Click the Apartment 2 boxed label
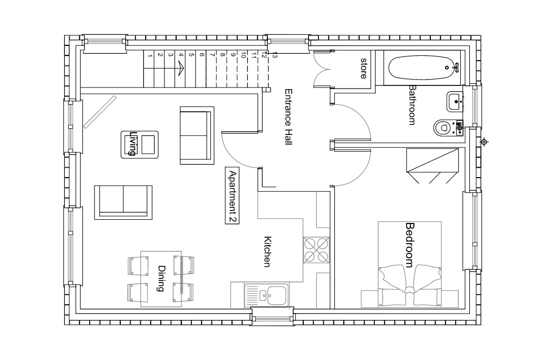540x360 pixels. [x=232, y=196]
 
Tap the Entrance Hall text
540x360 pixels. [x=288, y=117]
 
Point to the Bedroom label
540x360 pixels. [x=409, y=245]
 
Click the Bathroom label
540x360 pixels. [x=411, y=105]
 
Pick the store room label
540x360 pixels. [x=363, y=68]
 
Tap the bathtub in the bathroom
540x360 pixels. [x=425, y=68]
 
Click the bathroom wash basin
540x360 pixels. [x=455, y=102]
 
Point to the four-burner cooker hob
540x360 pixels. [x=316, y=250]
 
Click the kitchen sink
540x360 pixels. [x=266, y=295]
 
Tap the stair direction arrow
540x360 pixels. [x=180, y=69]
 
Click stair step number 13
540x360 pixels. [x=274, y=55]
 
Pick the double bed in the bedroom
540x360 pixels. [x=409, y=264]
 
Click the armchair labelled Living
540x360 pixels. [x=139, y=144]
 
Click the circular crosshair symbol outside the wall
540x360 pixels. [x=484, y=141]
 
